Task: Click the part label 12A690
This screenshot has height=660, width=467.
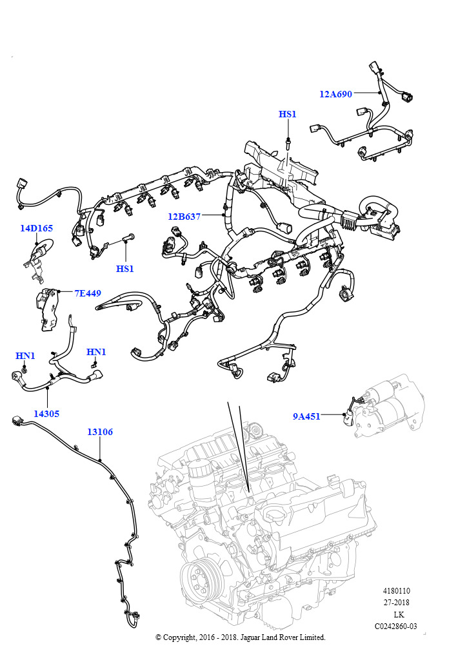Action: (335, 94)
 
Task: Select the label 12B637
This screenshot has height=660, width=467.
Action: (184, 217)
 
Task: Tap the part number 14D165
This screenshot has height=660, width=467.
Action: (36, 228)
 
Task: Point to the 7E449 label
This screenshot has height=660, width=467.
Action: (88, 293)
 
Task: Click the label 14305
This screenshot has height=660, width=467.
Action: (46, 414)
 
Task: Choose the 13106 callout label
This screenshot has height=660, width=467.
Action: (100, 432)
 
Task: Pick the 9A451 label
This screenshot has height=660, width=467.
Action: (306, 416)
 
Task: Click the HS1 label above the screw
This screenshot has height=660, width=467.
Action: (287, 114)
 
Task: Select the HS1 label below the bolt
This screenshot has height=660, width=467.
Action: (124, 268)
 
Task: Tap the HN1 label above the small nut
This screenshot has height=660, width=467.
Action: (25, 356)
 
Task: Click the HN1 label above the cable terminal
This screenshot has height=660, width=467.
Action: (96, 352)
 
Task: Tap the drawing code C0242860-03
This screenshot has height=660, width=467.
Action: (395, 626)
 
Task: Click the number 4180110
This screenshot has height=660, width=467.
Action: (396, 591)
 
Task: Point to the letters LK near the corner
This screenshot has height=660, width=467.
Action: (399, 614)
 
